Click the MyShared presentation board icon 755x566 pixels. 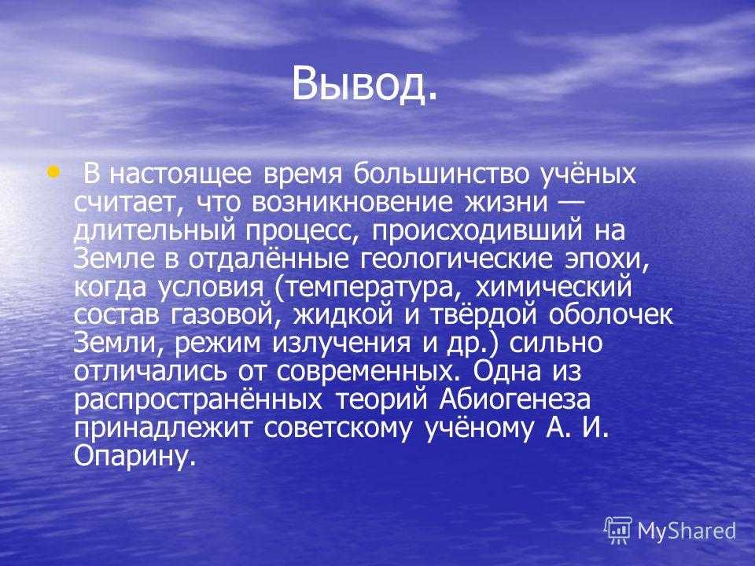pos(618,530)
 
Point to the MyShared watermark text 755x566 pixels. pos(687,531)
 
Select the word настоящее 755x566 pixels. pos(181,175)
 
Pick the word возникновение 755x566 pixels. pos(352,203)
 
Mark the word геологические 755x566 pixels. pos(456,259)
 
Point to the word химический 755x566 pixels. pos(553,287)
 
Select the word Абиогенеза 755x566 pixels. pos(514,400)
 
